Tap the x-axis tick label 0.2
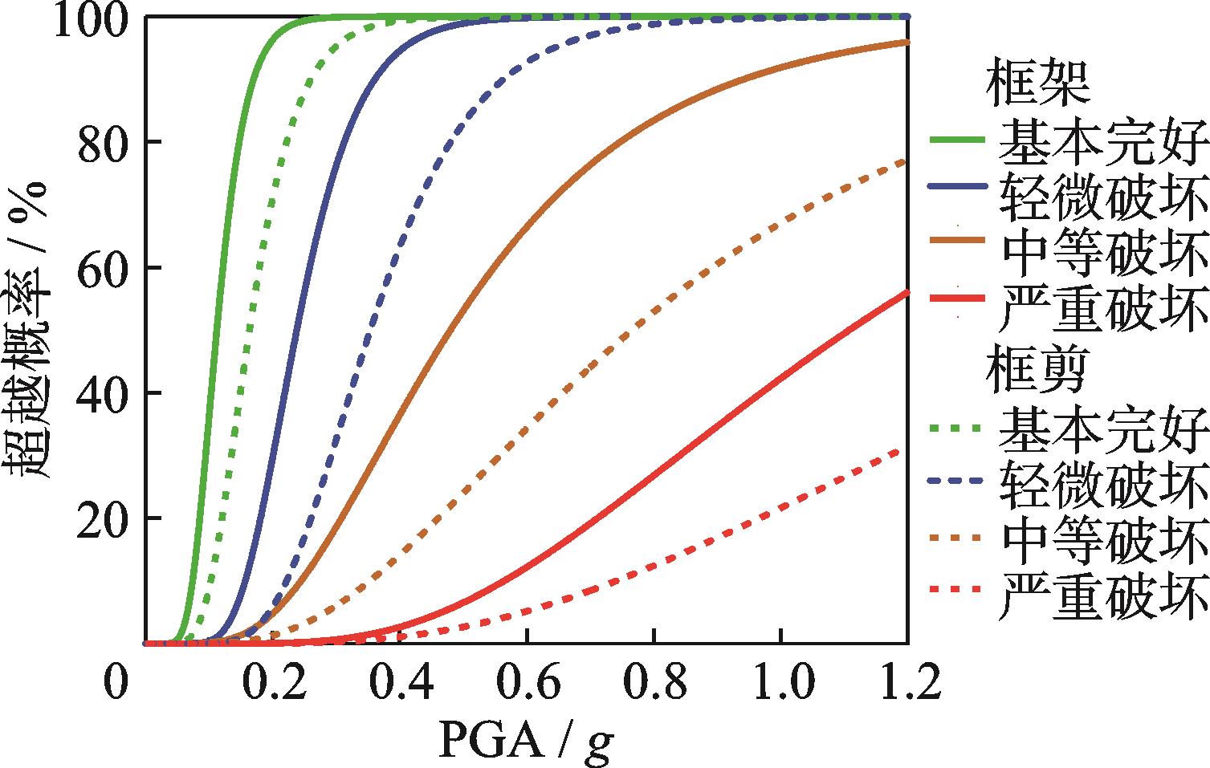tap(274, 685)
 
